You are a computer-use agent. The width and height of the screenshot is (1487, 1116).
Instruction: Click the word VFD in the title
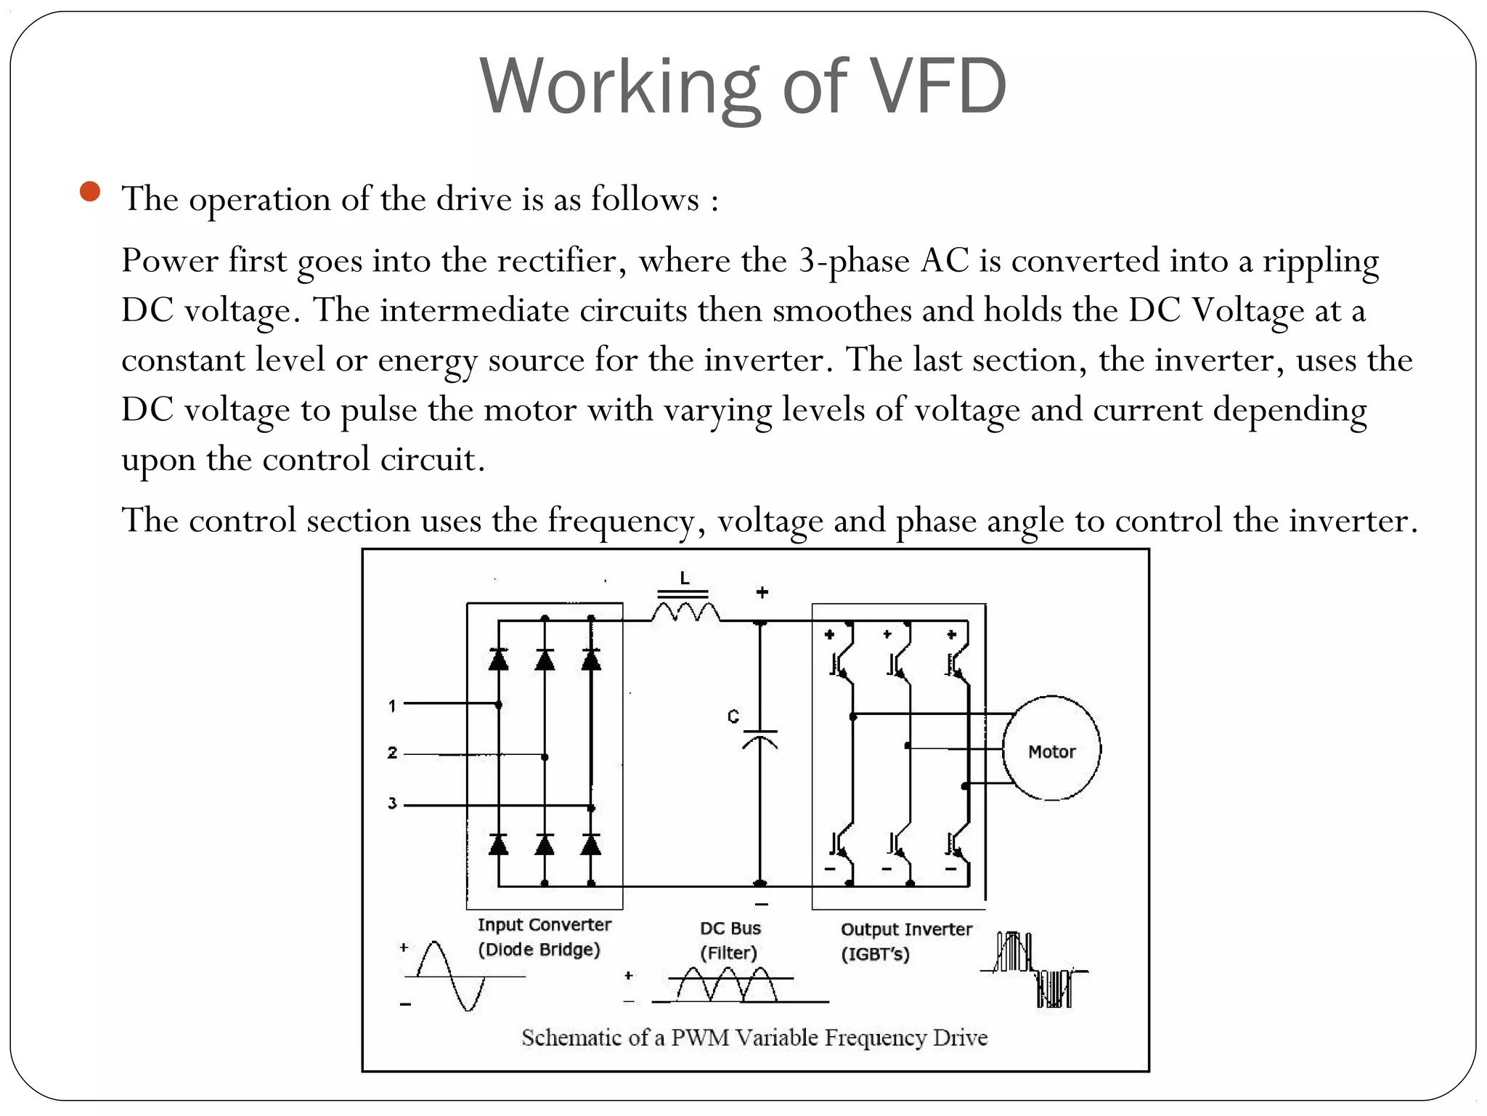937,87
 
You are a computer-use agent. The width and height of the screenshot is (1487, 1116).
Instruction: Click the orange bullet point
90,192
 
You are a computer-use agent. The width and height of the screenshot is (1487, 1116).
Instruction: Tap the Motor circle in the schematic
1051,749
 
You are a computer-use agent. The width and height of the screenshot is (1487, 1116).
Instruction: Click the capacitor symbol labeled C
759,738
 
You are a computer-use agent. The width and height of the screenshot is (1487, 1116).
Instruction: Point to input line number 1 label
392,705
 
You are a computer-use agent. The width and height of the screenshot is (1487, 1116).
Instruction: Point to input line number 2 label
392,753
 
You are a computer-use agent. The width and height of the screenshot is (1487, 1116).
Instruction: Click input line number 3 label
392,804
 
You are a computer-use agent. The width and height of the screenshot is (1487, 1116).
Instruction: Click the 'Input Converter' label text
544,925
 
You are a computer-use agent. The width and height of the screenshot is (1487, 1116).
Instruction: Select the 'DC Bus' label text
730,929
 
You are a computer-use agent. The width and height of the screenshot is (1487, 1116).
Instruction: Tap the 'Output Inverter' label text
905,929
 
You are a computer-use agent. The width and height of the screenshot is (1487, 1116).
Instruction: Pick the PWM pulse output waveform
1035,970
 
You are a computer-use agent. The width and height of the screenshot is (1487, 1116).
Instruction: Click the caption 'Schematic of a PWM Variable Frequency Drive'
754,1038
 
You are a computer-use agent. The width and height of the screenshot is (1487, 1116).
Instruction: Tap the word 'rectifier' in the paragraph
556,261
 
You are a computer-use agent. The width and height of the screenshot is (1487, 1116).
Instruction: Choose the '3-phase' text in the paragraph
854,261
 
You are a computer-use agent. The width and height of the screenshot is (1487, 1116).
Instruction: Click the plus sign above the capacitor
762,592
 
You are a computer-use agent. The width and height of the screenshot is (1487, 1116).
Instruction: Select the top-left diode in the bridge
498,658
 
